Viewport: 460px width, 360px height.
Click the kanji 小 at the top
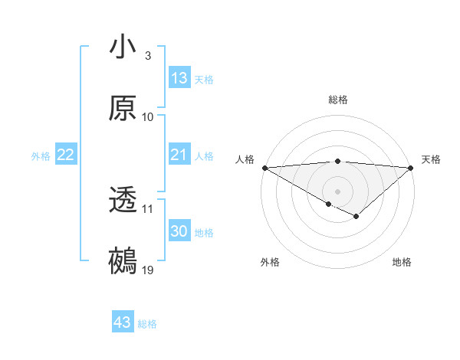(123, 47)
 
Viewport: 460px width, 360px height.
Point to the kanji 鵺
(123, 261)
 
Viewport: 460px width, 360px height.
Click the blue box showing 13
(179, 78)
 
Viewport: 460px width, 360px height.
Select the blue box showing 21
(179, 155)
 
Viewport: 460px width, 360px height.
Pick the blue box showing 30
(179, 231)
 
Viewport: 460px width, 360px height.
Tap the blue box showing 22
(66, 155)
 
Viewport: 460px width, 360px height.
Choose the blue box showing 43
(123, 322)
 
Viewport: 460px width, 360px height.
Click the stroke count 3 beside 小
(148, 56)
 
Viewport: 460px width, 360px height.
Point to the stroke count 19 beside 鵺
(148, 270)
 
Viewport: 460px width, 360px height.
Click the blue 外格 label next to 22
(41, 156)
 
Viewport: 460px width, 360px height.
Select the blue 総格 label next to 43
(148, 324)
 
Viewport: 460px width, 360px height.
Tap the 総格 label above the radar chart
(337, 100)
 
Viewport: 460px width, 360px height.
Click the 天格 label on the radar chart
(431, 159)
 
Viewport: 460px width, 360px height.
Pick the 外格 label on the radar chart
(270, 262)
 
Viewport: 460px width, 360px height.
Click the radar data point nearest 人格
(264, 168)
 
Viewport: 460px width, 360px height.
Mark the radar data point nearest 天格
(410, 168)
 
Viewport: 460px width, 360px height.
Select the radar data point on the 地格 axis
(356, 218)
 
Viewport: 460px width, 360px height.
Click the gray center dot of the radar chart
(337, 191)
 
